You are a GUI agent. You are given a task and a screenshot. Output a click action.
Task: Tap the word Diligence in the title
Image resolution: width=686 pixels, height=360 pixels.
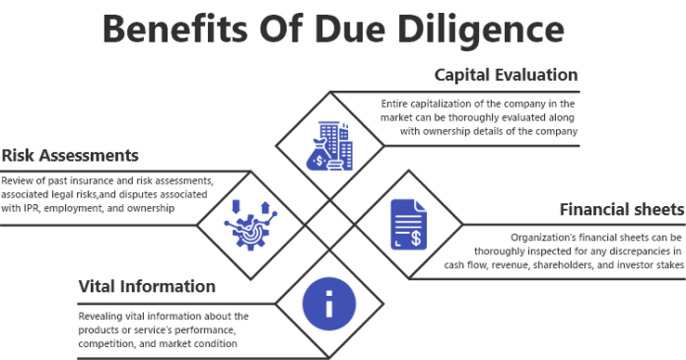click(496, 29)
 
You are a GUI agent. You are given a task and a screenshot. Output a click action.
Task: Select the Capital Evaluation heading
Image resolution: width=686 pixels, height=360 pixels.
click(507, 75)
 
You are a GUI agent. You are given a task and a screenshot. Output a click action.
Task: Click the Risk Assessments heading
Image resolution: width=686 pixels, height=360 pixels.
click(70, 157)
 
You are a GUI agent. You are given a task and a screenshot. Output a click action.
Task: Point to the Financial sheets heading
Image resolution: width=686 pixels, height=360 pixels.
click(621, 210)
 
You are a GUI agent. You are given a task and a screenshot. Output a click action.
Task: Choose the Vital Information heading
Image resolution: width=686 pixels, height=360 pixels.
click(147, 287)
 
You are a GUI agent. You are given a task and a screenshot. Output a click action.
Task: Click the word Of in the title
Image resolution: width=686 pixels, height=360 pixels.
click(298, 29)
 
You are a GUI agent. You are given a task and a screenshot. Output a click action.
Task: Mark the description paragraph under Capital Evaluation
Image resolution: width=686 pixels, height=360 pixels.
click(480, 116)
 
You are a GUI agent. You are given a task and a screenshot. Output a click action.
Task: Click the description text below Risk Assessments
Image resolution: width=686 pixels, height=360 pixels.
click(107, 194)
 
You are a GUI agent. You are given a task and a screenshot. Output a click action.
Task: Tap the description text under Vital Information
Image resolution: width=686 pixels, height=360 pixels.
click(163, 329)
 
